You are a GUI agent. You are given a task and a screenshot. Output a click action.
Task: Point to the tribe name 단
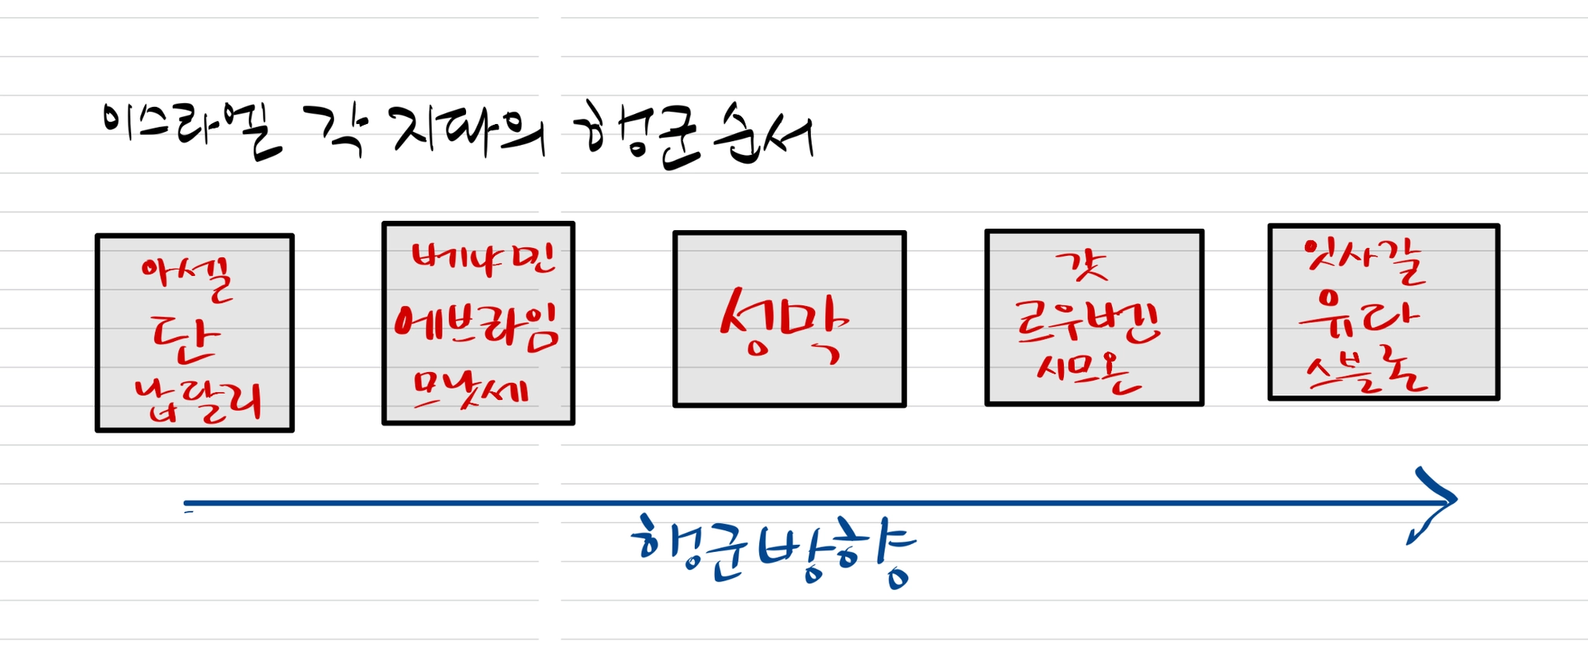pos(185,339)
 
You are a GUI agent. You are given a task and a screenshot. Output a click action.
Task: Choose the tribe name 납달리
pos(197,401)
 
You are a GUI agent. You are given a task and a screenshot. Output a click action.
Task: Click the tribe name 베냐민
pos(483,258)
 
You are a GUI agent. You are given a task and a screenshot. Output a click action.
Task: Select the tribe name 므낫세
pos(470,389)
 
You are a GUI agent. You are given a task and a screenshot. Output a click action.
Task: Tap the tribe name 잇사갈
pos(1365,261)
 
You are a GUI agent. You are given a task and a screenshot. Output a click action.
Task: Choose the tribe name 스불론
pos(1366,373)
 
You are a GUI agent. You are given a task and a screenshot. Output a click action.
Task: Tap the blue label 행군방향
pos(773,550)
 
